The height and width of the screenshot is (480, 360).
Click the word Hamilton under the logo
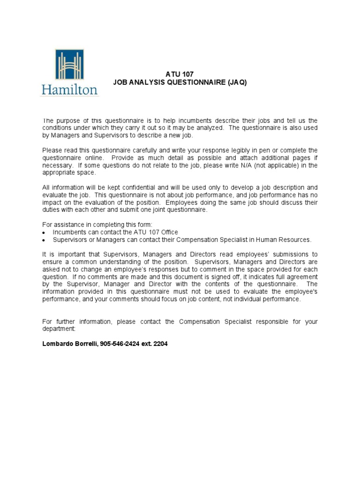click(69, 90)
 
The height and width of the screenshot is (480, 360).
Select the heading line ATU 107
click(180, 74)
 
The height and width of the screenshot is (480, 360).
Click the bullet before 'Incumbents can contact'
click(44, 232)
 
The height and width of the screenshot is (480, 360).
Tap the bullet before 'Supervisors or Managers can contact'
click(44, 240)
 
